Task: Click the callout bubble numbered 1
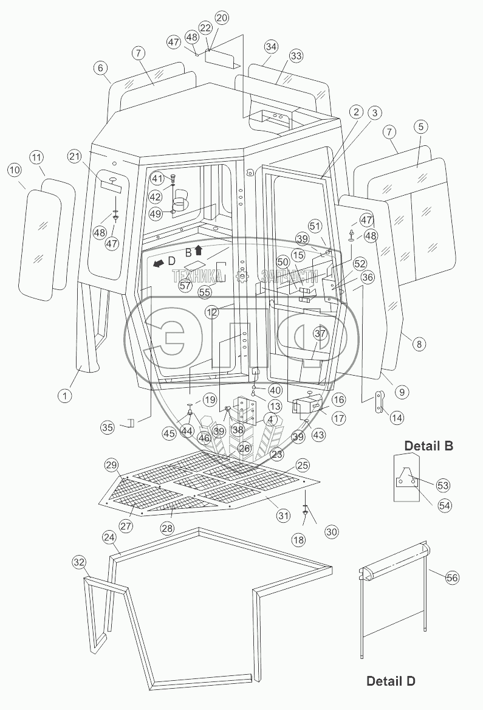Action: click(63, 396)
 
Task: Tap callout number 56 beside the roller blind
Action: click(452, 577)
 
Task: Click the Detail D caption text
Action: click(391, 680)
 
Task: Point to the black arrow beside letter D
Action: click(157, 264)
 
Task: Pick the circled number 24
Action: click(109, 537)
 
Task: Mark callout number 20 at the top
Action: click(221, 18)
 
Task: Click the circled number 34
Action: click(271, 47)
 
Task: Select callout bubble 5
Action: click(421, 127)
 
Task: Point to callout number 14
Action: click(397, 418)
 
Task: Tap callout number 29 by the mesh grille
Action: click(111, 465)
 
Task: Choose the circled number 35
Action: click(107, 427)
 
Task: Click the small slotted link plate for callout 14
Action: click(379, 402)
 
